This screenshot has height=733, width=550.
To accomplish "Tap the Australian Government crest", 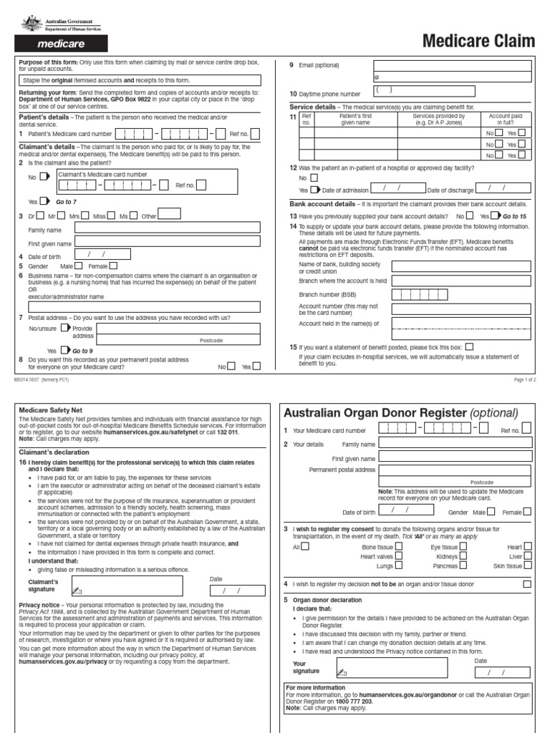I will [x=31, y=23].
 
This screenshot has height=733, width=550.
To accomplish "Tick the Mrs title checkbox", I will [x=85, y=215].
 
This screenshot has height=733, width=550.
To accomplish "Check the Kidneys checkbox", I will [x=464, y=536].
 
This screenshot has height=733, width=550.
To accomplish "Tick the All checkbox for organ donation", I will [x=306, y=526].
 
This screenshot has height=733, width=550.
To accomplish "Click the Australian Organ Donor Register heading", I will [x=400, y=412].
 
